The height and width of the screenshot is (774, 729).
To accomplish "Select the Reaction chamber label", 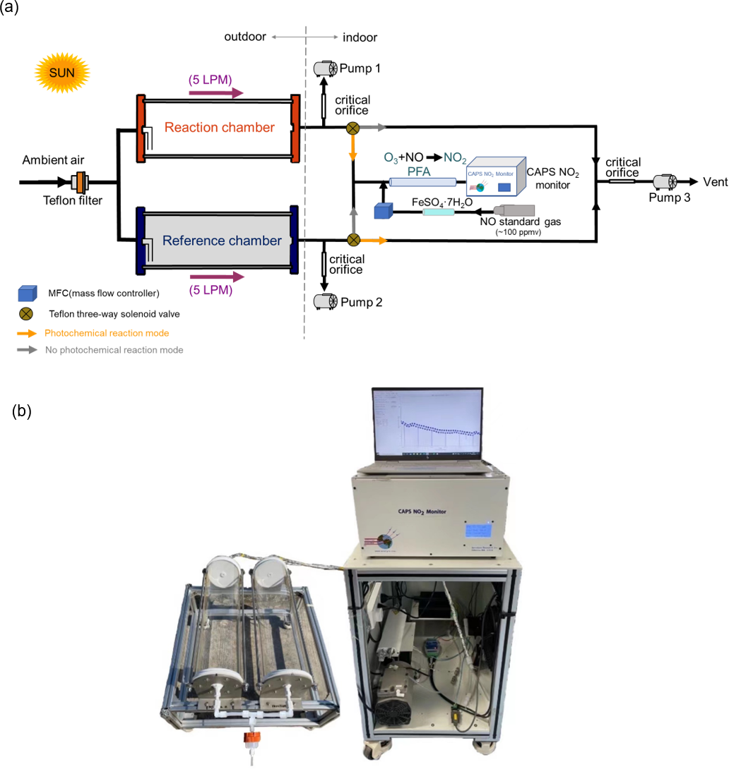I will [219, 128].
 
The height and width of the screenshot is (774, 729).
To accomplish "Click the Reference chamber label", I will [222, 240].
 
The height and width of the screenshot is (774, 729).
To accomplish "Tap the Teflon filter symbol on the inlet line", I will [81, 182].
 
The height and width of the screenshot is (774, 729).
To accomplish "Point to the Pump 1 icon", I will [325, 68].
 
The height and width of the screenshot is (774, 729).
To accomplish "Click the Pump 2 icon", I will [325, 301].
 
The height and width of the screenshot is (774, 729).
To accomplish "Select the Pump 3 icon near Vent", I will [665, 182].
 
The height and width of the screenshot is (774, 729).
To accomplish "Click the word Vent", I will [715, 182].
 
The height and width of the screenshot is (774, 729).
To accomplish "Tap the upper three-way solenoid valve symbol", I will [352, 128].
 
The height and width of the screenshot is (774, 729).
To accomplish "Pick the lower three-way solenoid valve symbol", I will [352, 240].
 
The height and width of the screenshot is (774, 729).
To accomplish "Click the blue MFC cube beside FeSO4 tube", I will [383, 211].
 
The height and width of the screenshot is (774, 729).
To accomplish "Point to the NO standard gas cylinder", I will [514, 211].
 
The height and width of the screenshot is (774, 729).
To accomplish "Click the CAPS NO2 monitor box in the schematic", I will [494, 176].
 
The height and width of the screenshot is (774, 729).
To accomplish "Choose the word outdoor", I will [245, 37].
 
